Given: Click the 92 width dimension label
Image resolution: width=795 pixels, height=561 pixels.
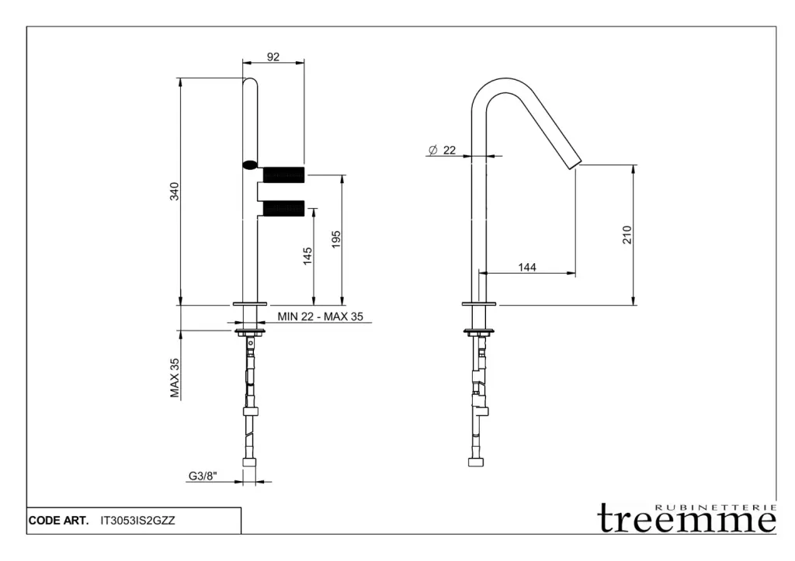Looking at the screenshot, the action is pos(273,57).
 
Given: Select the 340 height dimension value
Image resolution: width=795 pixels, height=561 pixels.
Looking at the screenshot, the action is pos(175,191).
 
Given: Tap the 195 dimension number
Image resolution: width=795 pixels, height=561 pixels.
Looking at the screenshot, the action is pos(335,240).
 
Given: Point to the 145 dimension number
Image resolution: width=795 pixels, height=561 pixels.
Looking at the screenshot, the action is pos(307,256).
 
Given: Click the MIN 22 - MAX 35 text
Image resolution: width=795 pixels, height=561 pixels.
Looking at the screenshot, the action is pos(321,317).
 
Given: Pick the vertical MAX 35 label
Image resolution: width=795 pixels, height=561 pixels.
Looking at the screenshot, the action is pos(175,378).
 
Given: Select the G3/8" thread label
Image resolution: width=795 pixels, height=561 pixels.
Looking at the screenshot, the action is pos(203,476).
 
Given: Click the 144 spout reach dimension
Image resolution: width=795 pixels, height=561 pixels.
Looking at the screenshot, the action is pos(527,267).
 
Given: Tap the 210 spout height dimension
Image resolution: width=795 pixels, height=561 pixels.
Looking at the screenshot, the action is pos(627,234).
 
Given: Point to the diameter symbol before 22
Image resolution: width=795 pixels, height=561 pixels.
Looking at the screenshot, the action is pos(432,150).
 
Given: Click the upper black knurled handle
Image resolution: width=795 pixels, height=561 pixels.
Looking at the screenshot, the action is pos(284,174).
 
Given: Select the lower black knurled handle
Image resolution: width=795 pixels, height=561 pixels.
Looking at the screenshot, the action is pos(284,208).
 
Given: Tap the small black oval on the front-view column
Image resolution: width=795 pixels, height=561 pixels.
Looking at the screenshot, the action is pos(250,164).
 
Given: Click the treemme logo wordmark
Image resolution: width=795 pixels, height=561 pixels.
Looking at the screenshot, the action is pos(687,518).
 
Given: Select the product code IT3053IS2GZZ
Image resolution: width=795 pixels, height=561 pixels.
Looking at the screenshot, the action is pos(138,521).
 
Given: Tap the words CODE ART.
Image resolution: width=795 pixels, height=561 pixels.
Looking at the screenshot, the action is pos(59,521).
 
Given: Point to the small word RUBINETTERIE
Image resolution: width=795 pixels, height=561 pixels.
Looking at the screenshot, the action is pos(716,507).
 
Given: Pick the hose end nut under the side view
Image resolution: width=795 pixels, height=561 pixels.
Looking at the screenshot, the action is pos(476,462).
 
